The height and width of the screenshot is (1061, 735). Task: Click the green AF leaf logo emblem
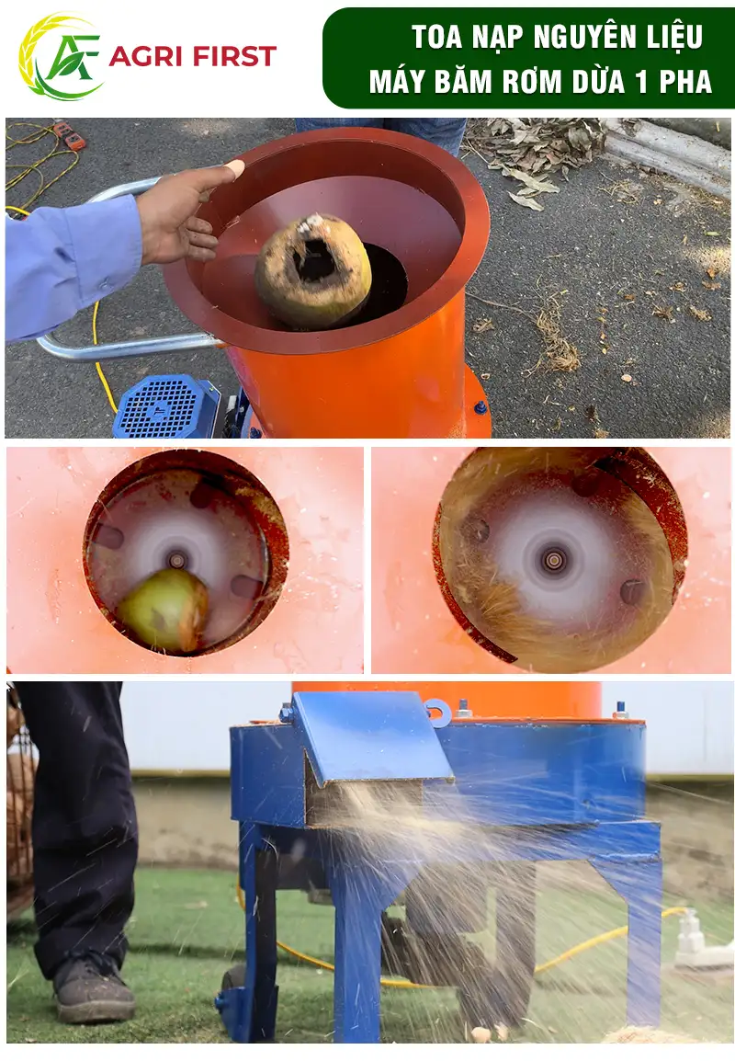pos(61,57)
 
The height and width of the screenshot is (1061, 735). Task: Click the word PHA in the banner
pos(685,82)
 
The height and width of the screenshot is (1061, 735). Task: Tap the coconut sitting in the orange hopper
pos(313,271)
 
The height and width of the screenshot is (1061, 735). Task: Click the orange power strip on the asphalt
pos(70,134)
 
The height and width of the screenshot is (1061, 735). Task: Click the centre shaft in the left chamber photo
pos(177,560)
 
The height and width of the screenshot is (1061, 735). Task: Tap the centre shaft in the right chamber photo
pos(554,560)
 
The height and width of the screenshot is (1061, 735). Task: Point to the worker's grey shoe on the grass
pos(94,990)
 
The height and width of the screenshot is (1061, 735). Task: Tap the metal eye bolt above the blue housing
pos(438,712)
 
